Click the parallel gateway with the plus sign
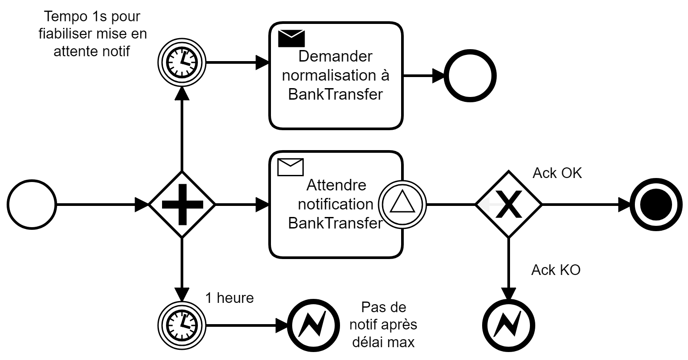pyautogui.click(x=182, y=205)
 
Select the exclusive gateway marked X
pyautogui.click(x=508, y=205)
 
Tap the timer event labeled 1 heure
pyautogui.click(x=182, y=325)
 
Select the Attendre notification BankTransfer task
pyautogui.click(x=328, y=205)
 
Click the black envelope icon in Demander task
pyautogui.click(x=291, y=39)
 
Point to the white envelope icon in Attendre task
pyautogui.click(x=290, y=167)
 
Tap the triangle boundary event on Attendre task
pyautogui.click(x=403, y=205)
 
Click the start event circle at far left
pyautogui.click(x=31, y=205)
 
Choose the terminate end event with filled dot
pyautogui.click(x=653, y=205)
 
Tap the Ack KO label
pyautogui.click(x=556, y=270)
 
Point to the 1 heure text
pyautogui.click(x=229, y=298)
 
